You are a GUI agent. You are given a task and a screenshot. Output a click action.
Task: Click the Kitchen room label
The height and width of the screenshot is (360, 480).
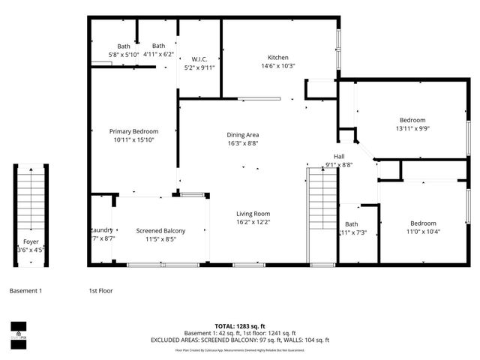[278, 58]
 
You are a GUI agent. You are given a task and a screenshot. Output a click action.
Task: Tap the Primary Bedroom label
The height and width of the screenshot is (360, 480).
[133, 131]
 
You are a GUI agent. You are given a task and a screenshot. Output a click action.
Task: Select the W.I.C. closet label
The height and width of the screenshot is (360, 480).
[199, 59]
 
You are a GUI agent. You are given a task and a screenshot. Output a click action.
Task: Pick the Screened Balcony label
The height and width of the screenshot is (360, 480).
[160, 231]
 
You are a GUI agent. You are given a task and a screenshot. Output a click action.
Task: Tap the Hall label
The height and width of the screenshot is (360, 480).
[339, 157]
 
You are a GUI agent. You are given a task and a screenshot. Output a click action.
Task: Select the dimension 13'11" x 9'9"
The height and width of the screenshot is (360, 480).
[412, 128]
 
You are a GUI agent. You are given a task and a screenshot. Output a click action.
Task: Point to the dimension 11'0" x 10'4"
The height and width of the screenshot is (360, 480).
[423, 231]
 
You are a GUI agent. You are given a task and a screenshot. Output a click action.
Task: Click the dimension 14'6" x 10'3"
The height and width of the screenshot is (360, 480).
[278, 66]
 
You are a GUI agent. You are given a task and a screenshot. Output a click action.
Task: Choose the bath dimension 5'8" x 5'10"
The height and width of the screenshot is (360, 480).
[123, 54]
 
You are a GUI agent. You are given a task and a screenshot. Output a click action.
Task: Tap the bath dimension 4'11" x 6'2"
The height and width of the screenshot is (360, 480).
[158, 54]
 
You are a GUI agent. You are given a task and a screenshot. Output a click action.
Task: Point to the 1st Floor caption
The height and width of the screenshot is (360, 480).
[102, 290]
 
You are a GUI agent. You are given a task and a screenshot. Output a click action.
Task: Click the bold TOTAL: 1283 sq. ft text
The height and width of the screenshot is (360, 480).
[240, 326]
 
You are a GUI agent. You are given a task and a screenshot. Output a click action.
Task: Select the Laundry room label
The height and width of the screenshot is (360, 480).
[102, 230]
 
